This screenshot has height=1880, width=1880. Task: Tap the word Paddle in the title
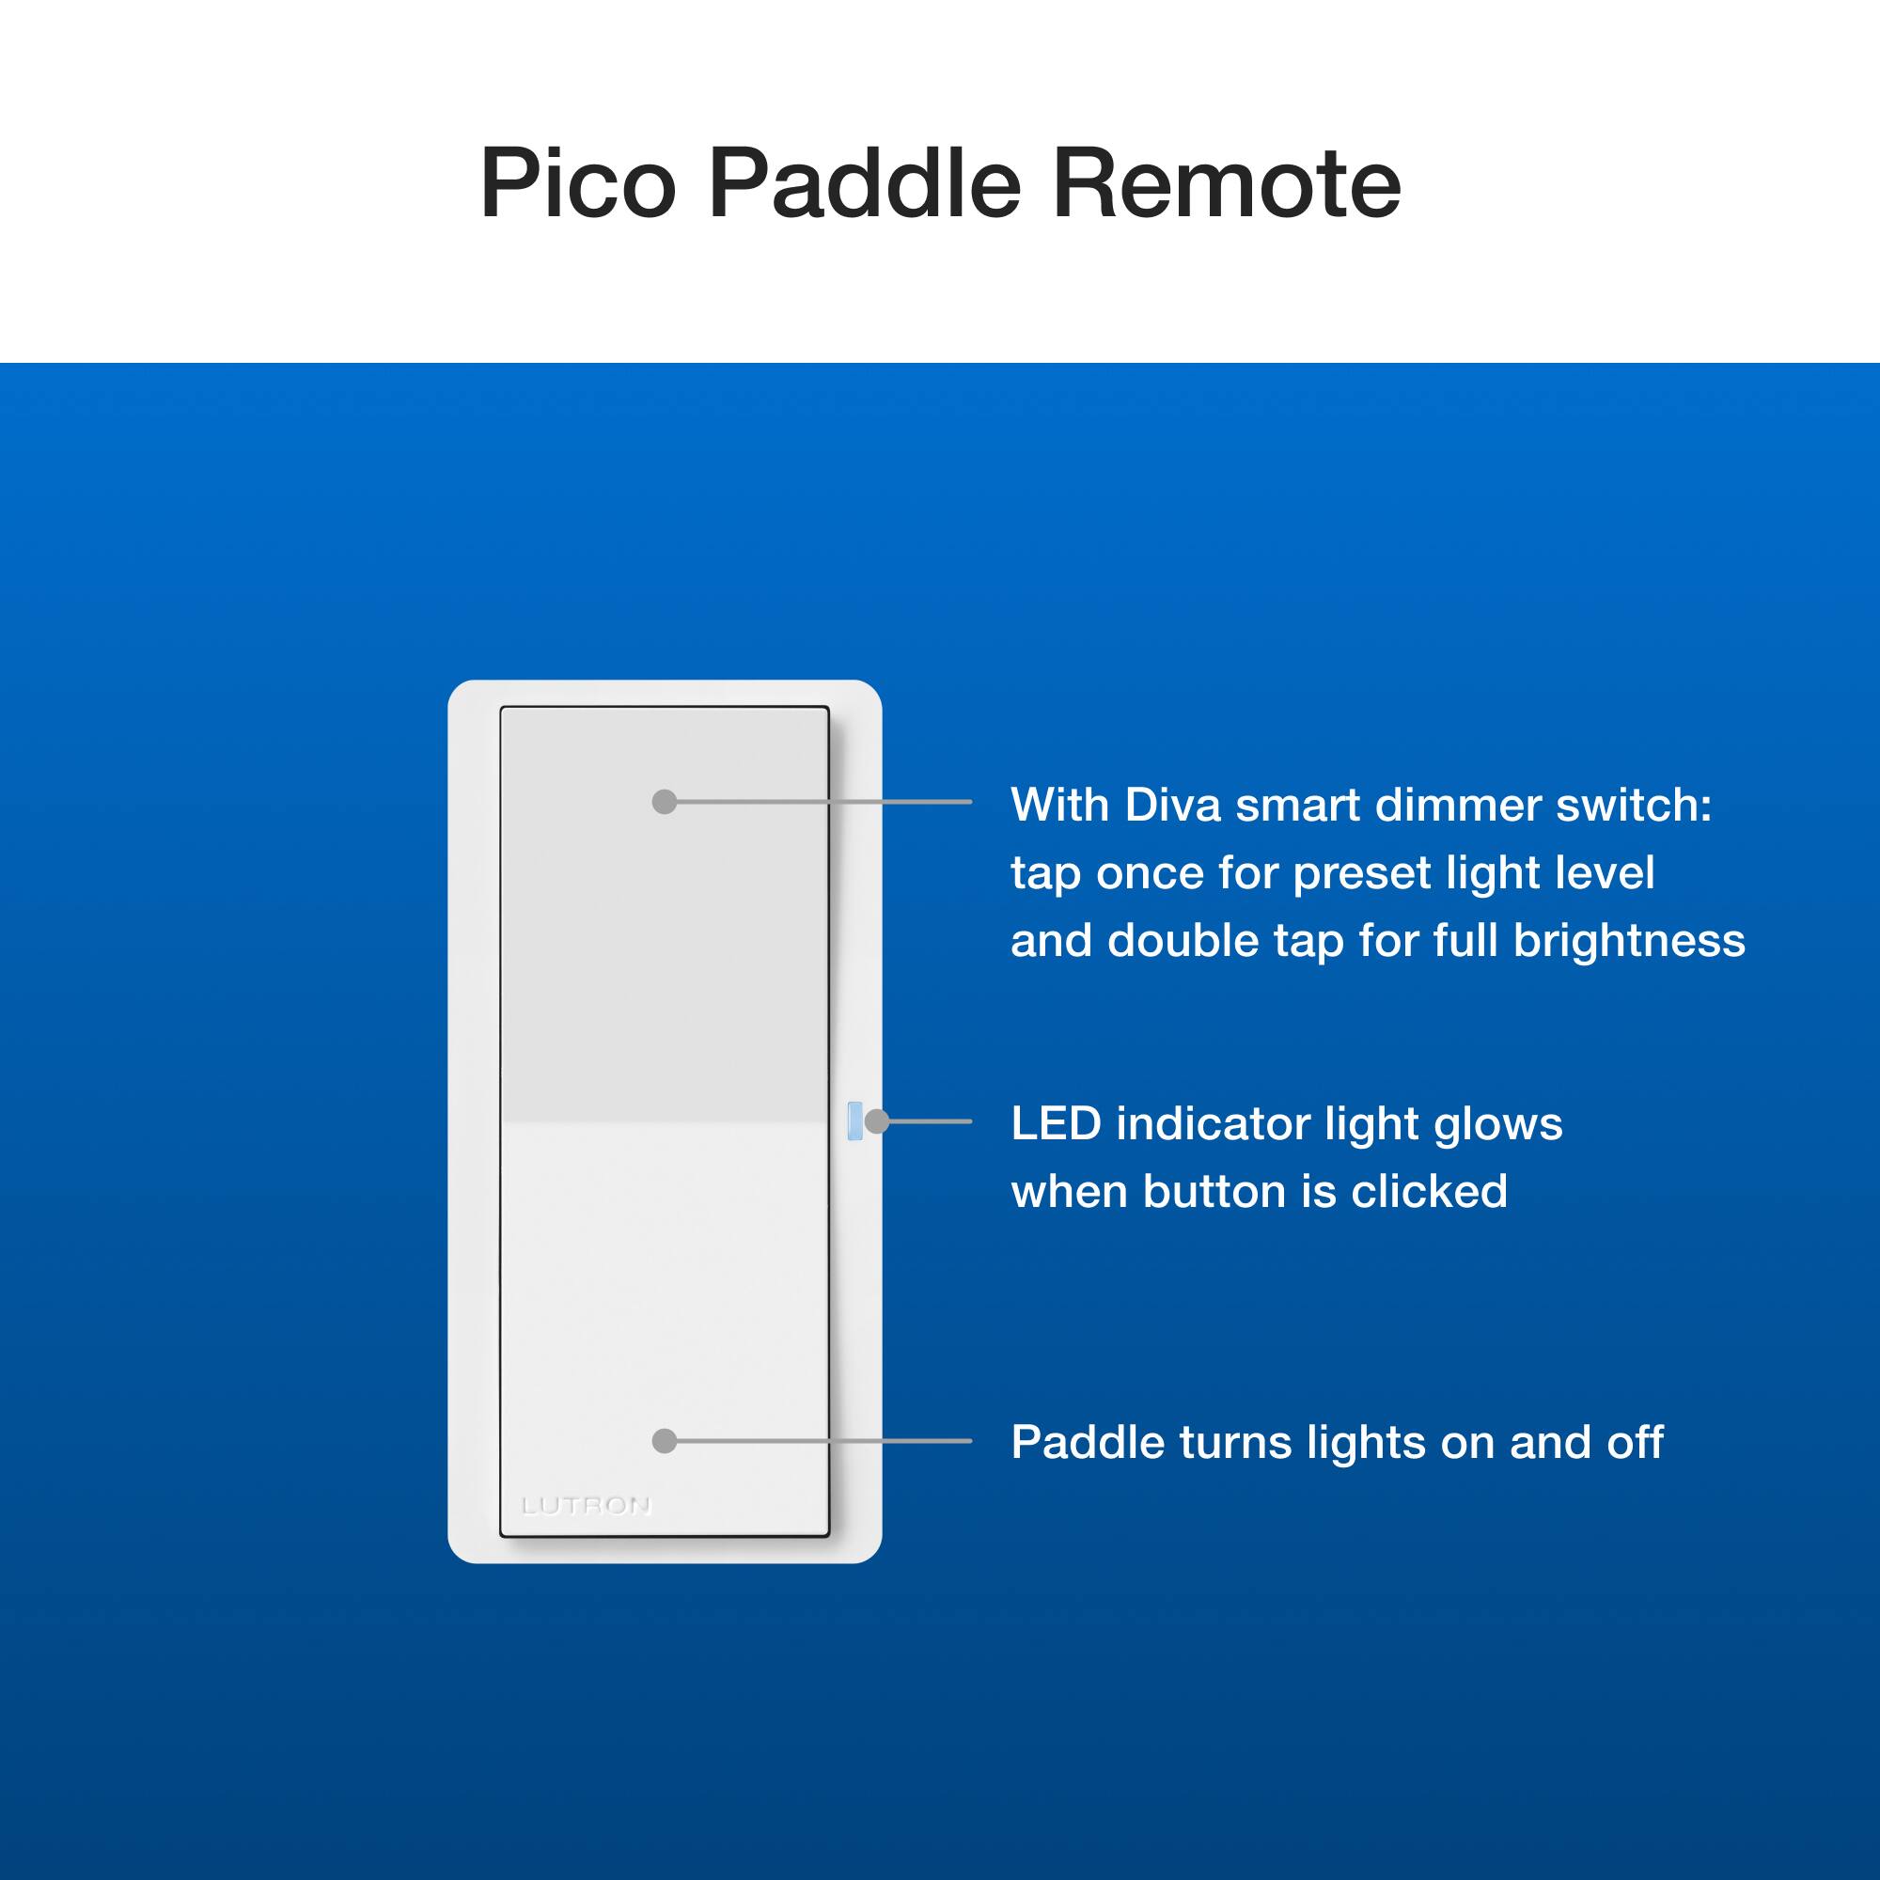coord(865,183)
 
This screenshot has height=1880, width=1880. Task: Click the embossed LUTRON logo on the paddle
coord(586,1506)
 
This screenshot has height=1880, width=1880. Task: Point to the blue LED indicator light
coord(855,1121)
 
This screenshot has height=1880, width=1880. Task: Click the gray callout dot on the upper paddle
coord(665,802)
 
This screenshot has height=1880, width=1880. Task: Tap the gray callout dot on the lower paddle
coord(665,1441)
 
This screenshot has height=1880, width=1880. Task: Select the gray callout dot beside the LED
coord(877,1121)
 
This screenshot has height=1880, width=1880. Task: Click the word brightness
coord(1629,940)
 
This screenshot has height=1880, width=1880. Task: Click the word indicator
coord(1214,1124)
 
